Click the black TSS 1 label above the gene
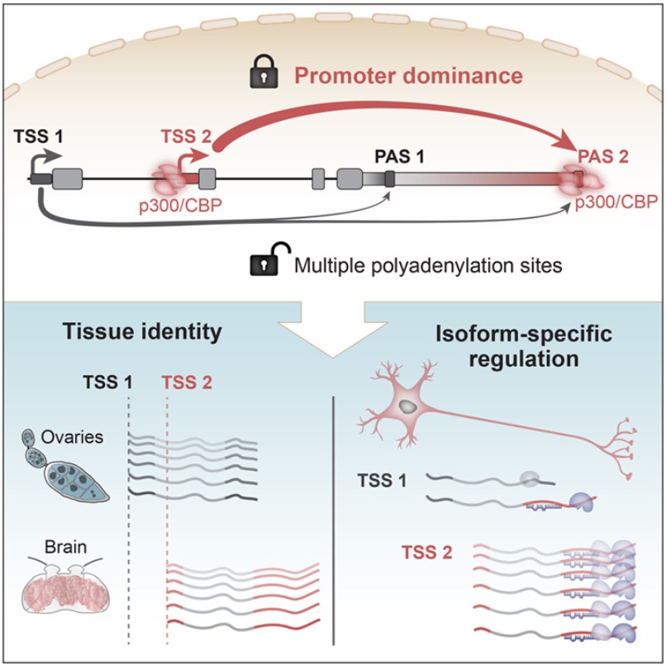point(39,136)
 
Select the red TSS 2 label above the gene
point(186,136)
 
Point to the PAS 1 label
point(399,157)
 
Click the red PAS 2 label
point(603,157)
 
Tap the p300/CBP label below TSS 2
point(181,206)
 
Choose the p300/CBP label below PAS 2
point(616,202)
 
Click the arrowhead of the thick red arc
point(567,140)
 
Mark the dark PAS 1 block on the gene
point(389,178)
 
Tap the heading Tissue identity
point(142,331)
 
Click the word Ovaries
point(72,437)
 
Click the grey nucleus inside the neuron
point(407,407)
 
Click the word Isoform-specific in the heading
point(524,335)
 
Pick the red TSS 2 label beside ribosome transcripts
point(427,553)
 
